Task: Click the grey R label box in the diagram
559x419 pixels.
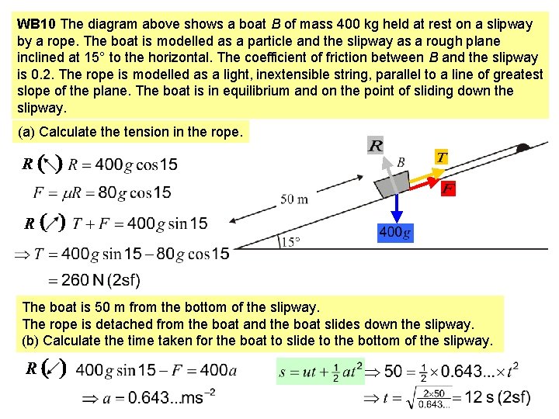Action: click(376, 146)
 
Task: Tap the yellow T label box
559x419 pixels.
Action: click(441, 158)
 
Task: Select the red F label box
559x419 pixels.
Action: click(448, 189)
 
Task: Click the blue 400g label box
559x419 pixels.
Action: click(395, 232)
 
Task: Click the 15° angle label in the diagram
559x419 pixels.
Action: click(290, 241)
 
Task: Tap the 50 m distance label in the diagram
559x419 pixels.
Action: click(293, 199)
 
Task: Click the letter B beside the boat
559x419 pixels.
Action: click(401, 162)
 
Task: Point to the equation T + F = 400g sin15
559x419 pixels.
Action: click(140, 223)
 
